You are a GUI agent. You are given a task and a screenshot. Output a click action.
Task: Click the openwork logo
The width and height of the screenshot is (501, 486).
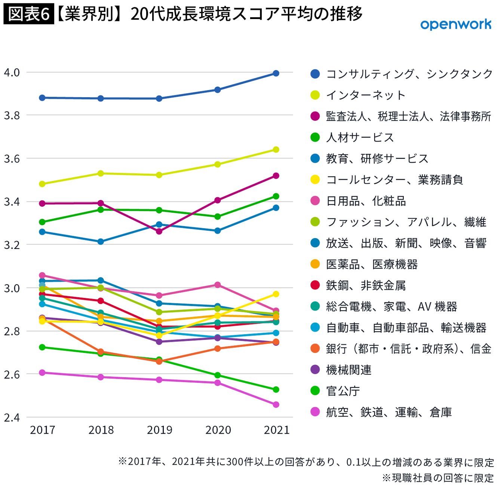point(455,25)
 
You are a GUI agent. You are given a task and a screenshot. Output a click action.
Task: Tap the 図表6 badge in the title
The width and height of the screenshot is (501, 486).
point(29,15)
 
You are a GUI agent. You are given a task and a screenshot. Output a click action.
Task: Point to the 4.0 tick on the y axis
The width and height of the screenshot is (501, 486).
point(12,72)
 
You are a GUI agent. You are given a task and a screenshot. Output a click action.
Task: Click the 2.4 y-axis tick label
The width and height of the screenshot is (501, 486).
point(12,417)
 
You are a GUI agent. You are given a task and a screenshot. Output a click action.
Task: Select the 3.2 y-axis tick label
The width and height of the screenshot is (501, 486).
point(12,245)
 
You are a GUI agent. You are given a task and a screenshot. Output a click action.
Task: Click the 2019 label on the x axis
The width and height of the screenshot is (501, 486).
point(159,430)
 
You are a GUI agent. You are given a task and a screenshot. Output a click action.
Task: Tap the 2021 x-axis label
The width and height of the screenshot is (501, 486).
point(276,430)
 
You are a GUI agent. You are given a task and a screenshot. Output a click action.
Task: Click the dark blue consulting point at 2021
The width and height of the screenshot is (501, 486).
point(276,73)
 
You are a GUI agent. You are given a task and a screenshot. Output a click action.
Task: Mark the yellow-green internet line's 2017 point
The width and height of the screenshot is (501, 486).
point(42,184)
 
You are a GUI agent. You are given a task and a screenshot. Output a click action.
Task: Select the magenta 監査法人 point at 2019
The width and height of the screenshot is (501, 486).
point(159,231)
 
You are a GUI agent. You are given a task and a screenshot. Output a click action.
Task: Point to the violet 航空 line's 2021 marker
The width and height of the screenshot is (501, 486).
point(276,405)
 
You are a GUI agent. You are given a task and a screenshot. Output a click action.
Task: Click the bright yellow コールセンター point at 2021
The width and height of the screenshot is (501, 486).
point(276,294)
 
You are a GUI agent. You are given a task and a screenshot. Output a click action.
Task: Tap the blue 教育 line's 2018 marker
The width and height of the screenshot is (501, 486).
point(101,242)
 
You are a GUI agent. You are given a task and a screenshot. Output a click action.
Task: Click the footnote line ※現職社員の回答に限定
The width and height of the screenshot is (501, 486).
point(437,478)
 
